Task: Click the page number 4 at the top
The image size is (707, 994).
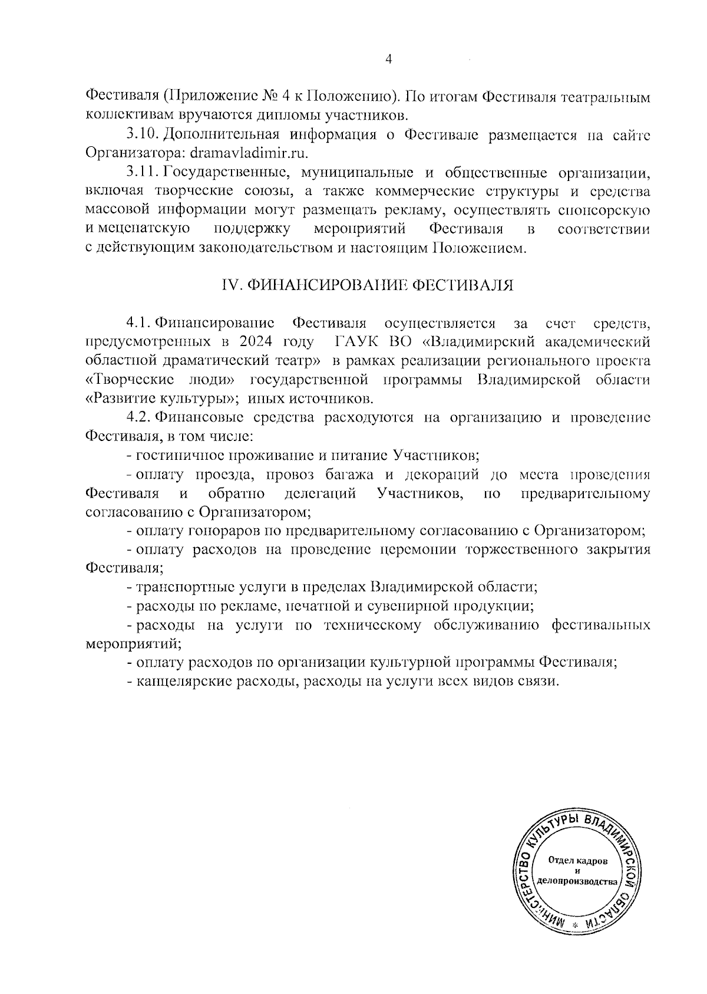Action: (388, 59)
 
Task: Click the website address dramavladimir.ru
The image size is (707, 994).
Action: (242, 153)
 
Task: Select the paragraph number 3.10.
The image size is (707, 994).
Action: (141, 134)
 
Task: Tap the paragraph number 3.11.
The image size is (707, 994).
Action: (141, 173)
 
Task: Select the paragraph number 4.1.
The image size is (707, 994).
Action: (138, 323)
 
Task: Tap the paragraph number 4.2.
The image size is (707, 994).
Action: (139, 418)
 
